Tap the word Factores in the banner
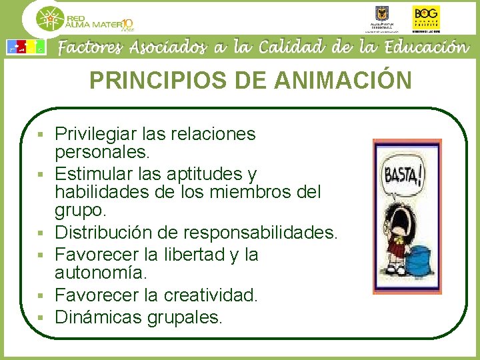(x=91, y=47)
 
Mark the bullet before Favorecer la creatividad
(x=41, y=295)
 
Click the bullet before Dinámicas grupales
(x=41, y=317)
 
